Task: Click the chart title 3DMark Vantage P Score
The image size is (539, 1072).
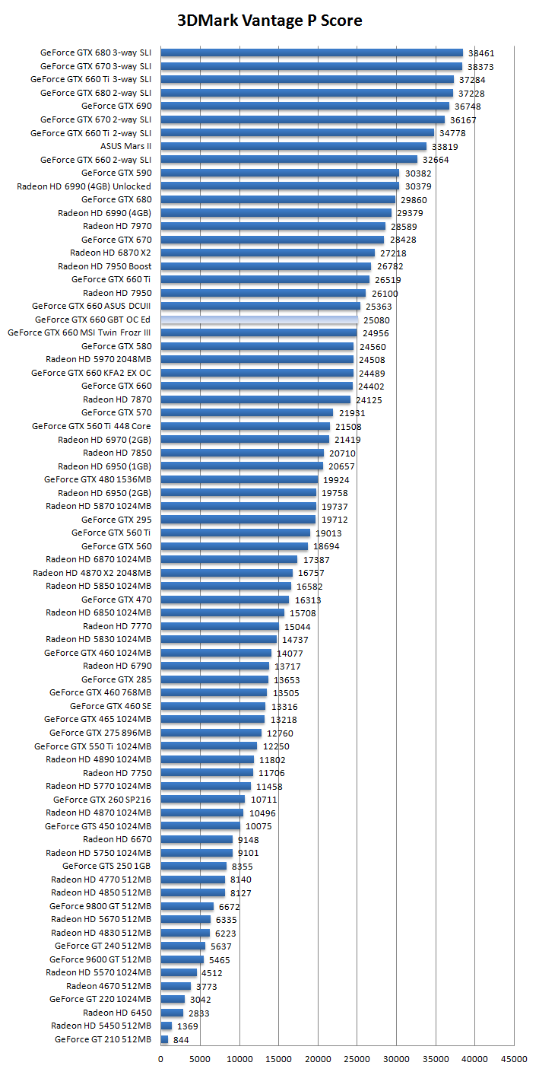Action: (x=269, y=21)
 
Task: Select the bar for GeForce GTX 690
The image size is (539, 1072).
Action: (x=305, y=106)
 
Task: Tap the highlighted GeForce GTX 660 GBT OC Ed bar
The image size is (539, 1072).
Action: (x=258, y=320)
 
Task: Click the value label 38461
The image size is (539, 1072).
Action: (x=480, y=53)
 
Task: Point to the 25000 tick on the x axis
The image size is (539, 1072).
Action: (x=357, y=1058)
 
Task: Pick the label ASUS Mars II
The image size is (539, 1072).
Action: (x=126, y=146)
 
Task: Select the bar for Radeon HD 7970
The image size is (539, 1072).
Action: (x=273, y=226)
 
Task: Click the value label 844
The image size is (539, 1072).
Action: (x=181, y=1040)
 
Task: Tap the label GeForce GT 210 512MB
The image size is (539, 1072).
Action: (x=103, y=1039)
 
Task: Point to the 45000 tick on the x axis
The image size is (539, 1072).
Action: (x=514, y=1058)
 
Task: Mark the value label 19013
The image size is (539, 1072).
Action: (x=328, y=533)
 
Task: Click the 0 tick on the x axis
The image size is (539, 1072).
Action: (x=160, y=1058)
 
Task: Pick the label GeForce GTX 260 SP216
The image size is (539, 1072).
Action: (x=102, y=800)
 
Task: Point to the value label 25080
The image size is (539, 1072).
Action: (x=376, y=320)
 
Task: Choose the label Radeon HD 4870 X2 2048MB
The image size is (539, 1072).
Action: (x=92, y=573)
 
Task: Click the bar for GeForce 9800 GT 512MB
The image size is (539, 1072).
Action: (x=187, y=906)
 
